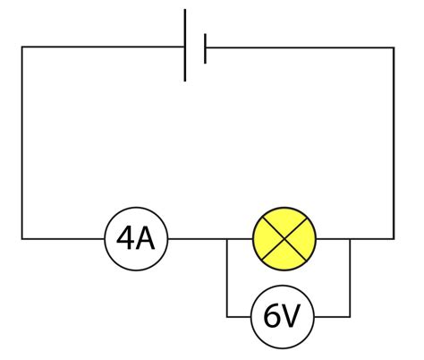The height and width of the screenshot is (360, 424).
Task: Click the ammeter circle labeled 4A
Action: [137, 238]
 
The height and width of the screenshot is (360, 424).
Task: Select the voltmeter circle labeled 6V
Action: [284, 317]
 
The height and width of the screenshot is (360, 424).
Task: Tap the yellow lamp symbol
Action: [285, 238]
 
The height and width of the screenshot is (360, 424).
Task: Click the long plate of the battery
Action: [185, 45]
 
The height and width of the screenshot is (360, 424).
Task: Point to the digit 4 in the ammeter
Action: [125, 238]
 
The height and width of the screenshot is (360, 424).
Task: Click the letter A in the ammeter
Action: [148, 238]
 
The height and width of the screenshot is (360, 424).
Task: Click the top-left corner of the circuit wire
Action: [22, 47]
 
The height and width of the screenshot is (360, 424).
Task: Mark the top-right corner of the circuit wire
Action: [394, 47]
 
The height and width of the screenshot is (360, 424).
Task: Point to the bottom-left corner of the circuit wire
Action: [22, 238]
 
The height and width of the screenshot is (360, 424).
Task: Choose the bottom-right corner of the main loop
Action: [394, 238]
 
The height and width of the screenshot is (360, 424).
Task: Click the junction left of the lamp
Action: [227, 238]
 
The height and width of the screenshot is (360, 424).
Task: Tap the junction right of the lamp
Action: [350, 238]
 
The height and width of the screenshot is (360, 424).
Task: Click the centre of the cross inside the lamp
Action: [285, 238]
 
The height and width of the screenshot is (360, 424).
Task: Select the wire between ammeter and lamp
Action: [197, 238]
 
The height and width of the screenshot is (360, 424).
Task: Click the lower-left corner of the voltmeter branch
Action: [227, 317]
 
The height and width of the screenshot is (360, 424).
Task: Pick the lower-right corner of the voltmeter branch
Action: [350, 317]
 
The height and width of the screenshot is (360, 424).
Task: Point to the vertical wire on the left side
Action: [22, 143]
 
